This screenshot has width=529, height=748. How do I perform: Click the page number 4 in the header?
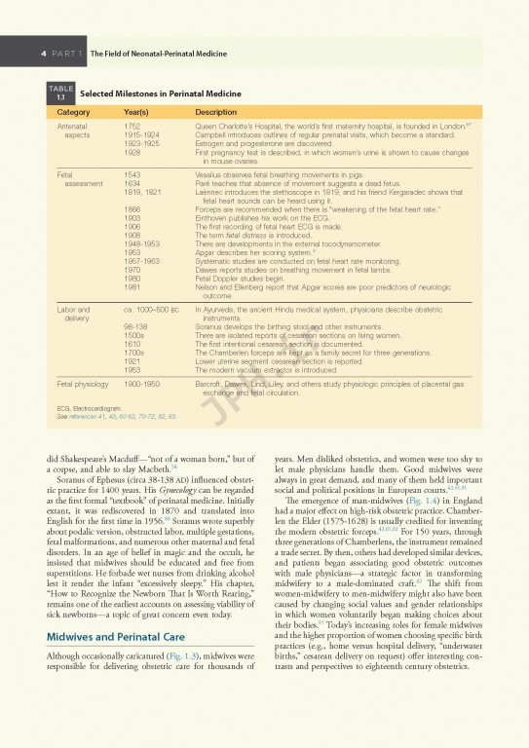[x=45, y=55]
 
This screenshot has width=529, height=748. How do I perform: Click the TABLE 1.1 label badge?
[x=60, y=93]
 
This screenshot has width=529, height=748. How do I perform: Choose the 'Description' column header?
[x=215, y=112]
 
